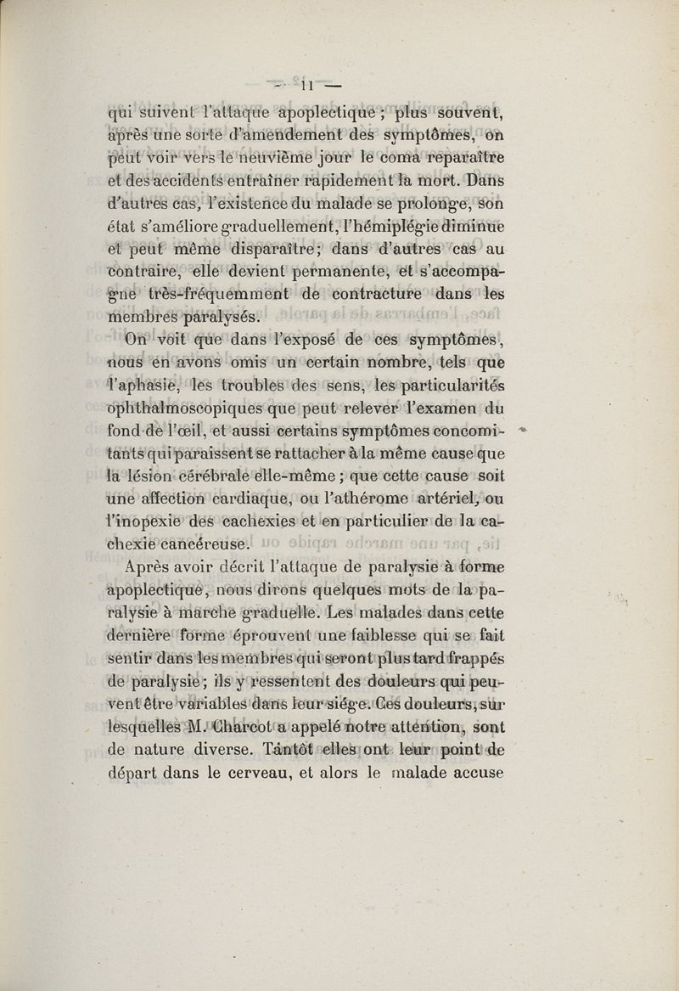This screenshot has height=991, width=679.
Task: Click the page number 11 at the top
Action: point(307,84)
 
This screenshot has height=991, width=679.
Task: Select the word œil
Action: point(209,436)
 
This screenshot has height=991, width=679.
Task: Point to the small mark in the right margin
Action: point(524,433)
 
